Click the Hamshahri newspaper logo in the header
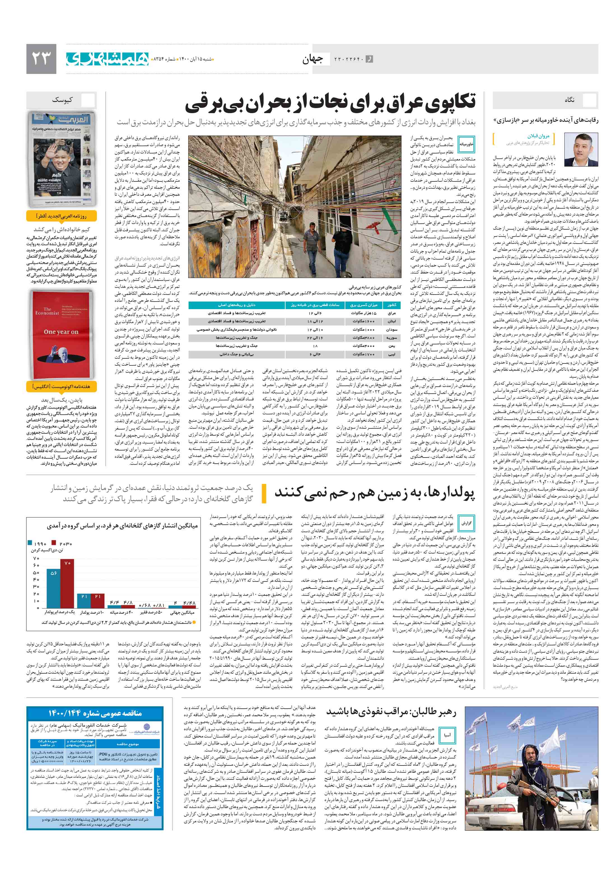tap(107, 59)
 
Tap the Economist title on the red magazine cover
tap(47, 311)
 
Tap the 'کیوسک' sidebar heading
tap(62, 100)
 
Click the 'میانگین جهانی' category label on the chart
tap(183, 613)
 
